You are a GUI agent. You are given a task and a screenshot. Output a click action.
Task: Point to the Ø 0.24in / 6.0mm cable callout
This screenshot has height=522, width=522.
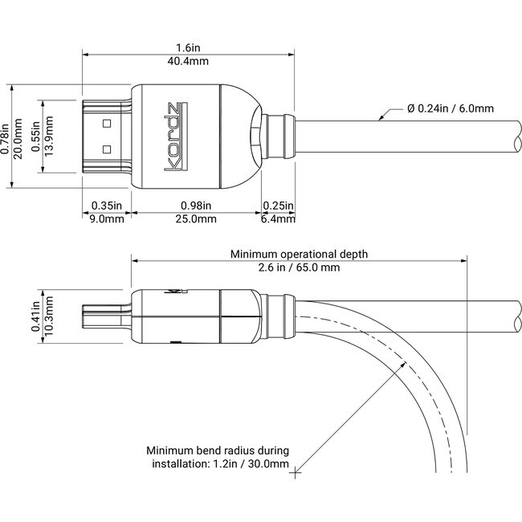pyautogui.click(x=451, y=108)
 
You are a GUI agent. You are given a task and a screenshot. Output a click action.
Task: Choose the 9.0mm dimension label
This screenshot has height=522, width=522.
pyautogui.click(x=107, y=218)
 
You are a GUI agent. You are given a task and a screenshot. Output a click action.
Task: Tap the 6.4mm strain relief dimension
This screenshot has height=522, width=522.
pyautogui.click(x=279, y=218)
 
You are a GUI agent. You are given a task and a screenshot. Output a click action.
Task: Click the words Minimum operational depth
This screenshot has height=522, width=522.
pyautogui.click(x=299, y=254)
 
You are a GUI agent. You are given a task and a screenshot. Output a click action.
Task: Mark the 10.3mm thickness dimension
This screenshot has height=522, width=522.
pyautogui.click(x=48, y=316)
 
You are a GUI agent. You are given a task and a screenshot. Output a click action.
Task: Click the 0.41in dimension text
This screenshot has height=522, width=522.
pyautogui.click(x=35, y=316)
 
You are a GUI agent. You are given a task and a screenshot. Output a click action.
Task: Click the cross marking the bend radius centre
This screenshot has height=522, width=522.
pyautogui.click(x=296, y=472)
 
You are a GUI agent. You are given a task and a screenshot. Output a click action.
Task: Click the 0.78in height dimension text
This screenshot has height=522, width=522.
pyautogui.click(x=5, y=136)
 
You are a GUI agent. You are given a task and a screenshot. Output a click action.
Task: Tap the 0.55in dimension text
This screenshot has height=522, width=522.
pyautogui.click(x=35, y=136)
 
